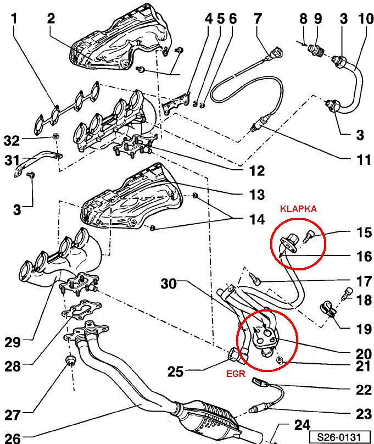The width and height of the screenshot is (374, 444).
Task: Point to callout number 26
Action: [x=13, y=437]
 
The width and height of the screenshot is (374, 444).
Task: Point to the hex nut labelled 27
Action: [x=70, y=361]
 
